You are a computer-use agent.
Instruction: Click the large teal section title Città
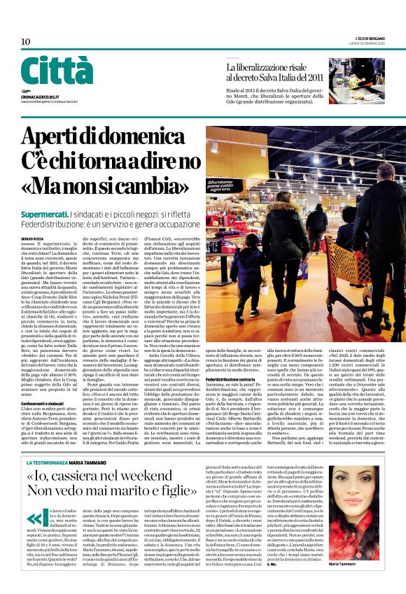point(56,71)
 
